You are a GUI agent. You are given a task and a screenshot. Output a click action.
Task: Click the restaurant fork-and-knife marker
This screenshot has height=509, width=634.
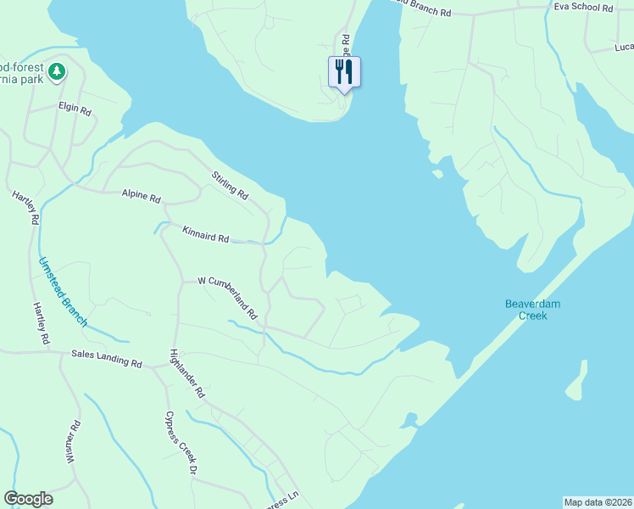point(344,71)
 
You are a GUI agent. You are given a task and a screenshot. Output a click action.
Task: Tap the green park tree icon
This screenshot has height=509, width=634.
point(57,73)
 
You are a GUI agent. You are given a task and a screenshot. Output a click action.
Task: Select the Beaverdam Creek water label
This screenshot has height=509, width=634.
point(532,310)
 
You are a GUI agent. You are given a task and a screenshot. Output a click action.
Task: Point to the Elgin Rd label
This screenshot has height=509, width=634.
point(75,107)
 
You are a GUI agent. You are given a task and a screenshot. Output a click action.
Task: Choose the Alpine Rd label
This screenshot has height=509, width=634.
point(141,197)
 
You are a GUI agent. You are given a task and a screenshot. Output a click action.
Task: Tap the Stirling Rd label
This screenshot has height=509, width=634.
point(230,186)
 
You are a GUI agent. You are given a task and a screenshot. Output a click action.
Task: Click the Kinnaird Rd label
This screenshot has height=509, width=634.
point(205,234)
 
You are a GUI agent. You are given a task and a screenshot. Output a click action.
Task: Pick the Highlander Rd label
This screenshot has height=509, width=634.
point(187,373)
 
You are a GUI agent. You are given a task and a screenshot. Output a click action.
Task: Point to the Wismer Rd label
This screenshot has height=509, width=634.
point(73,443)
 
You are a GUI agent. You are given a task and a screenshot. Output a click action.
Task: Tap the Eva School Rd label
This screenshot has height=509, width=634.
point(582,7)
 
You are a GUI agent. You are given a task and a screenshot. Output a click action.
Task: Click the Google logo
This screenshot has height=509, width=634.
point(28,499)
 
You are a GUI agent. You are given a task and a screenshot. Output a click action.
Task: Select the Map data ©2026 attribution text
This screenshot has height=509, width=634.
point(598,501)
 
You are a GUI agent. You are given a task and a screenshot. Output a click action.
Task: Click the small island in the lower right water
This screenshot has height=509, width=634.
point(576,382)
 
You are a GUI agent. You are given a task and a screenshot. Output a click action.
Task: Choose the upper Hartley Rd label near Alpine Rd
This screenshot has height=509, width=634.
point(25,208)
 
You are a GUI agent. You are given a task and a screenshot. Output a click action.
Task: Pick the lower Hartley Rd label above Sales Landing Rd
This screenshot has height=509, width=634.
point(40,323)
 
